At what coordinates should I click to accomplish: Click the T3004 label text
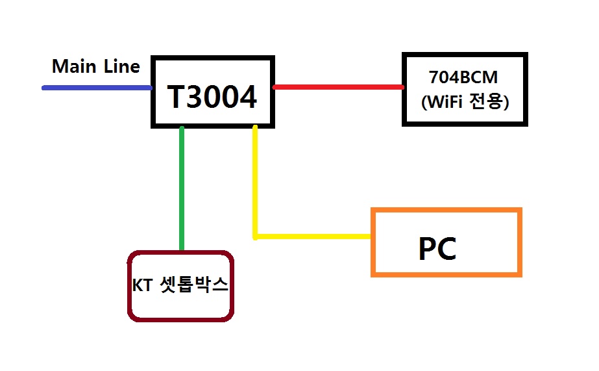coord(212,97)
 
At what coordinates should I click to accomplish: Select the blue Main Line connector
coord(97,88)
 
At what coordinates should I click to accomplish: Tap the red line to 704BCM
coord(338,87)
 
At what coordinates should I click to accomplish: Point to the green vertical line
coord(182,188)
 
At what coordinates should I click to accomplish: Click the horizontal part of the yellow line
coord(312,237)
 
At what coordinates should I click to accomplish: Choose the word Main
coord(74,66)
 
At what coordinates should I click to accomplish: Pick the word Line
coord(122,66)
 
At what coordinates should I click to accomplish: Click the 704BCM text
coord(463,77)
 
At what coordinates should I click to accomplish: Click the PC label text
coord(437,249)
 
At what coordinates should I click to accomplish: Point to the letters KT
coord(142,285)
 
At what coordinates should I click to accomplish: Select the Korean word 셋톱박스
coord(193,285)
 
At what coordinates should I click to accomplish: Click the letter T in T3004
coord(177,97)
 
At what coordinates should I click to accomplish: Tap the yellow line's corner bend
coord(255,237)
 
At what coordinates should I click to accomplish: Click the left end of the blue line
coord(43,88)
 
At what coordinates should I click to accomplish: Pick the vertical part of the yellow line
coord(255,182)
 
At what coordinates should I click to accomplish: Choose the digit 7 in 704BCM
coord(434,77)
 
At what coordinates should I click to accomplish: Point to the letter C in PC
coord(446,249)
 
